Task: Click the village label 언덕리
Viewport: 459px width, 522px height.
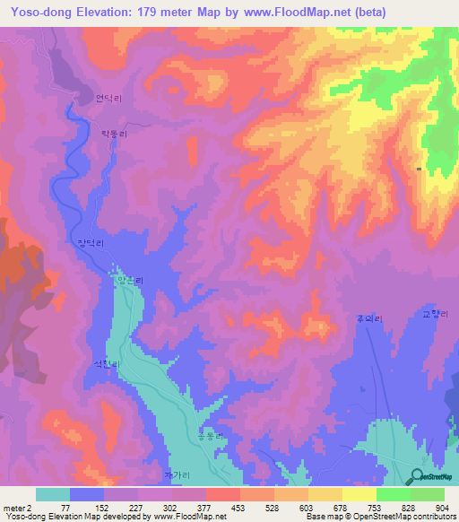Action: (x=107, y=100)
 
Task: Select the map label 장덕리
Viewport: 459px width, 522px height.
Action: (x=92, y=242)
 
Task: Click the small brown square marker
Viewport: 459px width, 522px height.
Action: (x=419, y=168)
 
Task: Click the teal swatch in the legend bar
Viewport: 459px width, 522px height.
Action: (x=53, y=494)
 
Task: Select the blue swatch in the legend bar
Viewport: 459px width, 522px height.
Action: (x=87, y=494)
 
